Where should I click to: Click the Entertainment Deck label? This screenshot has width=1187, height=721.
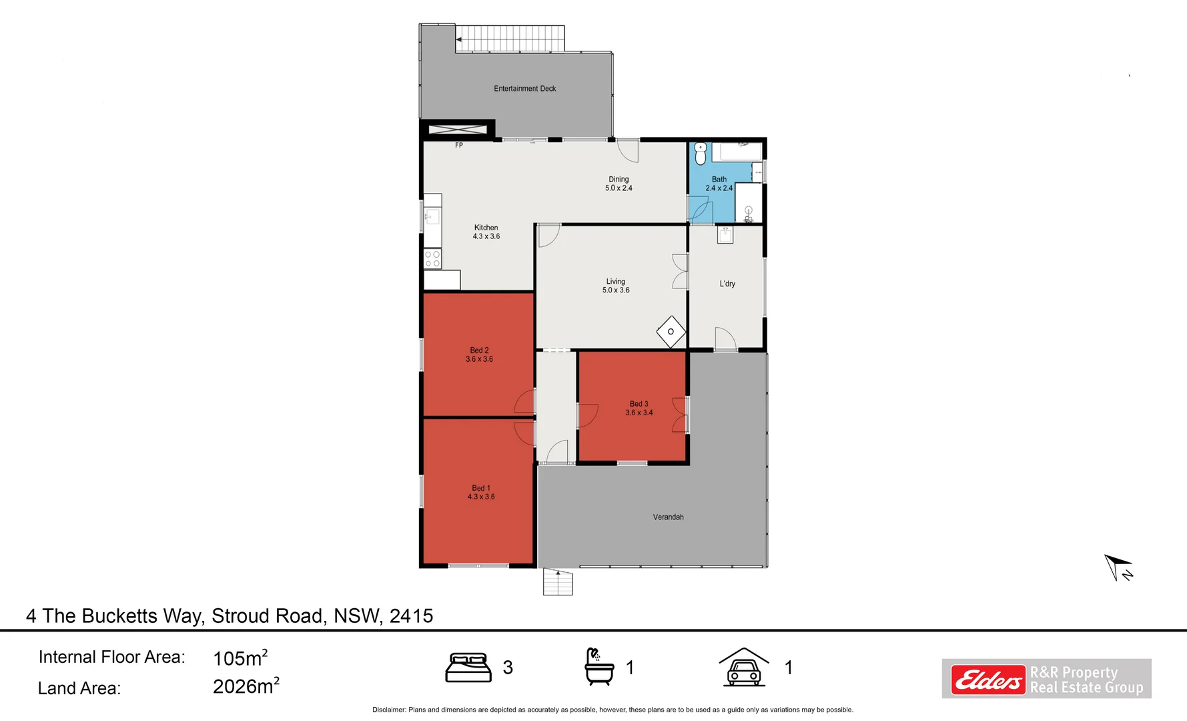(x=524, y=88)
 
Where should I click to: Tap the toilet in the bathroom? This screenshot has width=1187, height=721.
(x=700, y=154)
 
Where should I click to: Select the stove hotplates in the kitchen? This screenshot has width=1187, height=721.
(x=432, y=259)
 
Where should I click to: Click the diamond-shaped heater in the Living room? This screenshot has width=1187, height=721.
(x=671, y=332)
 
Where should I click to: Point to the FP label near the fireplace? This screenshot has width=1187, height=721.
(x=459, y=145)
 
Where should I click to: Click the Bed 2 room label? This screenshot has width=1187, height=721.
(x=479, y=350)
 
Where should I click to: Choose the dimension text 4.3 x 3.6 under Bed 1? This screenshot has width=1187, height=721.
(x=481, y=497)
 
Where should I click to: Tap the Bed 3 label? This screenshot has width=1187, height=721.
(x=639, y=404)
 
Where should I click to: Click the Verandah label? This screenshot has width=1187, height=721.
(x=668, y=517)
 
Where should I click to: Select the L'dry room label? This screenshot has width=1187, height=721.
(x=727, y=284)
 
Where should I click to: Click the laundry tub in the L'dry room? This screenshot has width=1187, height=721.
(x=725, y=234)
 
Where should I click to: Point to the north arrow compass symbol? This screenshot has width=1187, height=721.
(x=1118, y=567)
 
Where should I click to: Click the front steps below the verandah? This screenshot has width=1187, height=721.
(x=558, y=582)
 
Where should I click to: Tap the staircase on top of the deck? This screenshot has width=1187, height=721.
(x=510, y=38)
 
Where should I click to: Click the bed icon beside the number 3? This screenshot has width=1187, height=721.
(x=468, y=668)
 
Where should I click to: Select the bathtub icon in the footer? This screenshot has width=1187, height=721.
(x=599, y=667)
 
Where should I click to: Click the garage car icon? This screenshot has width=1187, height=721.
(x=743, y=668)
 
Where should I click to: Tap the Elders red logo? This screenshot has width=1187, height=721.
(x=987, y=680)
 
